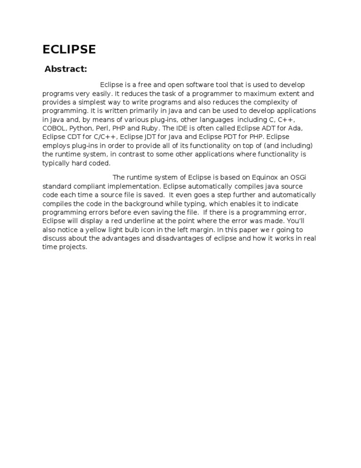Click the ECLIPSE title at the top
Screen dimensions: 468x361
[x=69, y=49]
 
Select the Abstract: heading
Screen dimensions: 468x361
[x=66, y=70]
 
